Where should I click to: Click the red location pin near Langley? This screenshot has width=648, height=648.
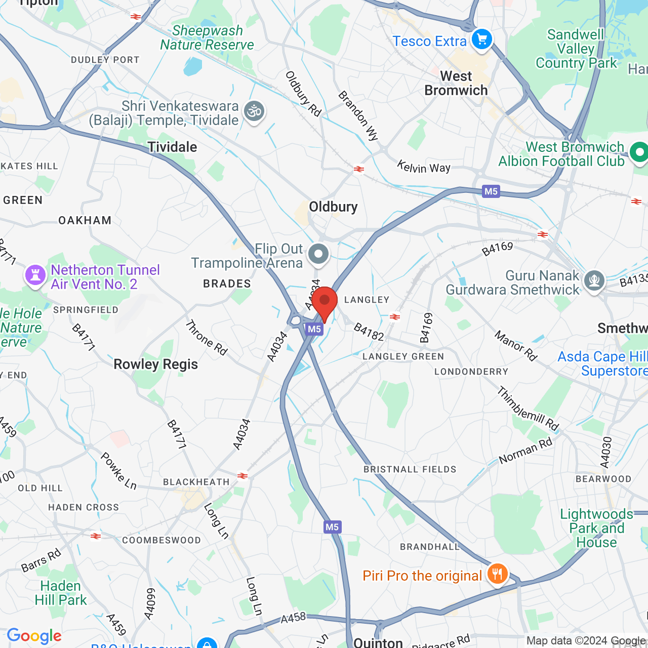pos(325,302)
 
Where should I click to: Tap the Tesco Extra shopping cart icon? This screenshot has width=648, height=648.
pos(481,39)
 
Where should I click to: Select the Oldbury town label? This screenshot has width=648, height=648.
pos(333,207)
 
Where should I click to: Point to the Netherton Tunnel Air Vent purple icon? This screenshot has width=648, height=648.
pos(35,275)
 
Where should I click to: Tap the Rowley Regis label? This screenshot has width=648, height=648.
pos(155,364)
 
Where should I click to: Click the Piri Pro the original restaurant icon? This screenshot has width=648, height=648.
pos(498,574)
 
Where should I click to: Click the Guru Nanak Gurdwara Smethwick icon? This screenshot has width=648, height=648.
pos(594,280)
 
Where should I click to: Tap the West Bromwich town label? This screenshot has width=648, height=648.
pos(456,84)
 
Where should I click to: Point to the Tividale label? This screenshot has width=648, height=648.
pos(172,147)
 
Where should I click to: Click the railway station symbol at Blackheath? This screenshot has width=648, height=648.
pos(243,476)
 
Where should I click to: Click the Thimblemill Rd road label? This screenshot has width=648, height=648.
pos(528,409)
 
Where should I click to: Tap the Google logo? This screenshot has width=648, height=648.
pos(34,636)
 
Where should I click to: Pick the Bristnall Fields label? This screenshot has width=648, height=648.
pos(410,469)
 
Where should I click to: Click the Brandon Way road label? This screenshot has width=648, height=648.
pos(358,115)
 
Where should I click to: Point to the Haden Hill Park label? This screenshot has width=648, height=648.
pos(61,593)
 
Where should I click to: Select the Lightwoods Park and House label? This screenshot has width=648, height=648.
pos(596,528)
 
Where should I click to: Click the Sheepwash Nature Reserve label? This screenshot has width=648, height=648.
pos(207,38)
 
